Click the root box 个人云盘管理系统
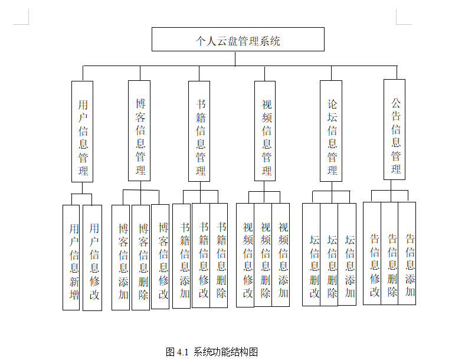tap(238, 40)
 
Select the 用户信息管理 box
tap(83, 131)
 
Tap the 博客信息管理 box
tap(140, 131)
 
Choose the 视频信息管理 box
tap(266, 131)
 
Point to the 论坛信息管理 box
tap(332, 131)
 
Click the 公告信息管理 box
tap(395, 129)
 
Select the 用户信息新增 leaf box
tap(71, 257)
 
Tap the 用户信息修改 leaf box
tap(93, 257)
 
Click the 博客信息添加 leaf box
tap(121, 257)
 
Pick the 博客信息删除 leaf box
tap(141, 257)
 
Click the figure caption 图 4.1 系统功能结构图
tap(212, 352)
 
